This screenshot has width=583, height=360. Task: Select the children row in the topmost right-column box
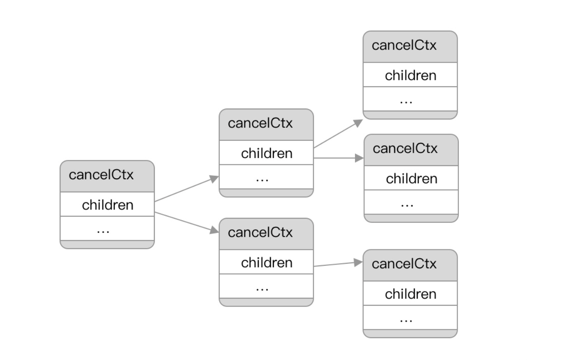410,75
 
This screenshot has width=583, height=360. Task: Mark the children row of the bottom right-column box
410,294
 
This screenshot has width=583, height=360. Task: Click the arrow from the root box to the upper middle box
187,189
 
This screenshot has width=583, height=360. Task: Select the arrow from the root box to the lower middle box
187,222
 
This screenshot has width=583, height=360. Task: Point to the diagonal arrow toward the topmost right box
338,134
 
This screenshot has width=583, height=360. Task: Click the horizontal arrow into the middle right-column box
339,158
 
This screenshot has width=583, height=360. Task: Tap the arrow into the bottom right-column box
338,264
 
